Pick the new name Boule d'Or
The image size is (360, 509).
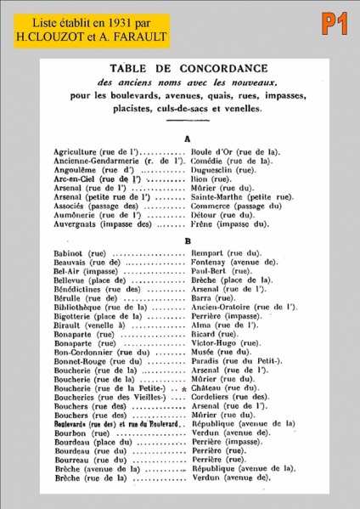[x=233, y=151]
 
